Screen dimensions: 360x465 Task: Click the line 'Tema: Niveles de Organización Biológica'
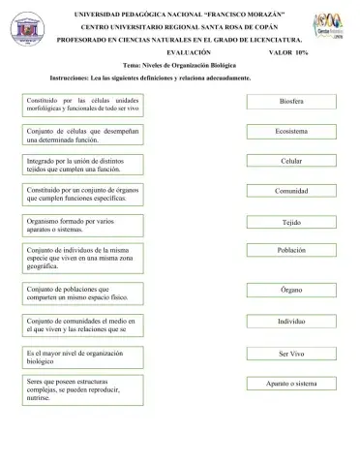(x=180, y=64)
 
